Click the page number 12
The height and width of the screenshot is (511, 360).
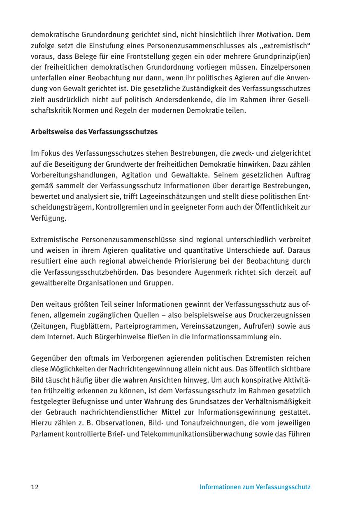pos(35,487)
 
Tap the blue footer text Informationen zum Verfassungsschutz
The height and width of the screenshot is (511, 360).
pos(255,487)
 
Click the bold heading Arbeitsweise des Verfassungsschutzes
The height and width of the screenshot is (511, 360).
pos(94,132)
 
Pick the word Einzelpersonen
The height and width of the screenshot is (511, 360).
pos(287,67)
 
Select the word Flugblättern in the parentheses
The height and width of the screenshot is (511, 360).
pos(93,326)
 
